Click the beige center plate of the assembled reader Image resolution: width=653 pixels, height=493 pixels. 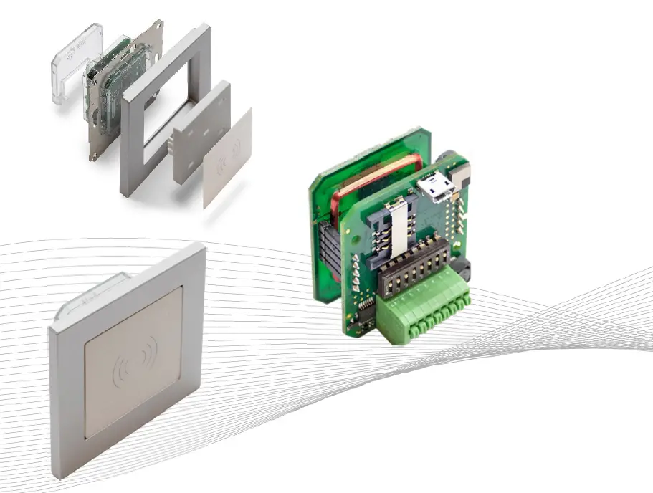click(x=133, y=387)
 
